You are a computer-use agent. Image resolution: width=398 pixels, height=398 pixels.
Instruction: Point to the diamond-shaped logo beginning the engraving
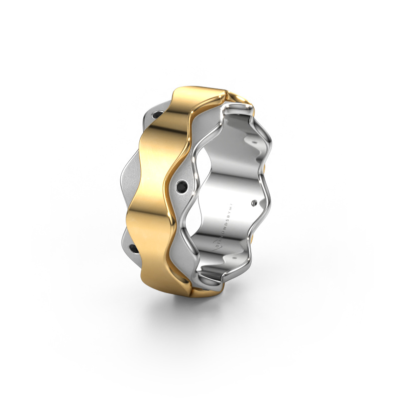(x=215, y=246)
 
